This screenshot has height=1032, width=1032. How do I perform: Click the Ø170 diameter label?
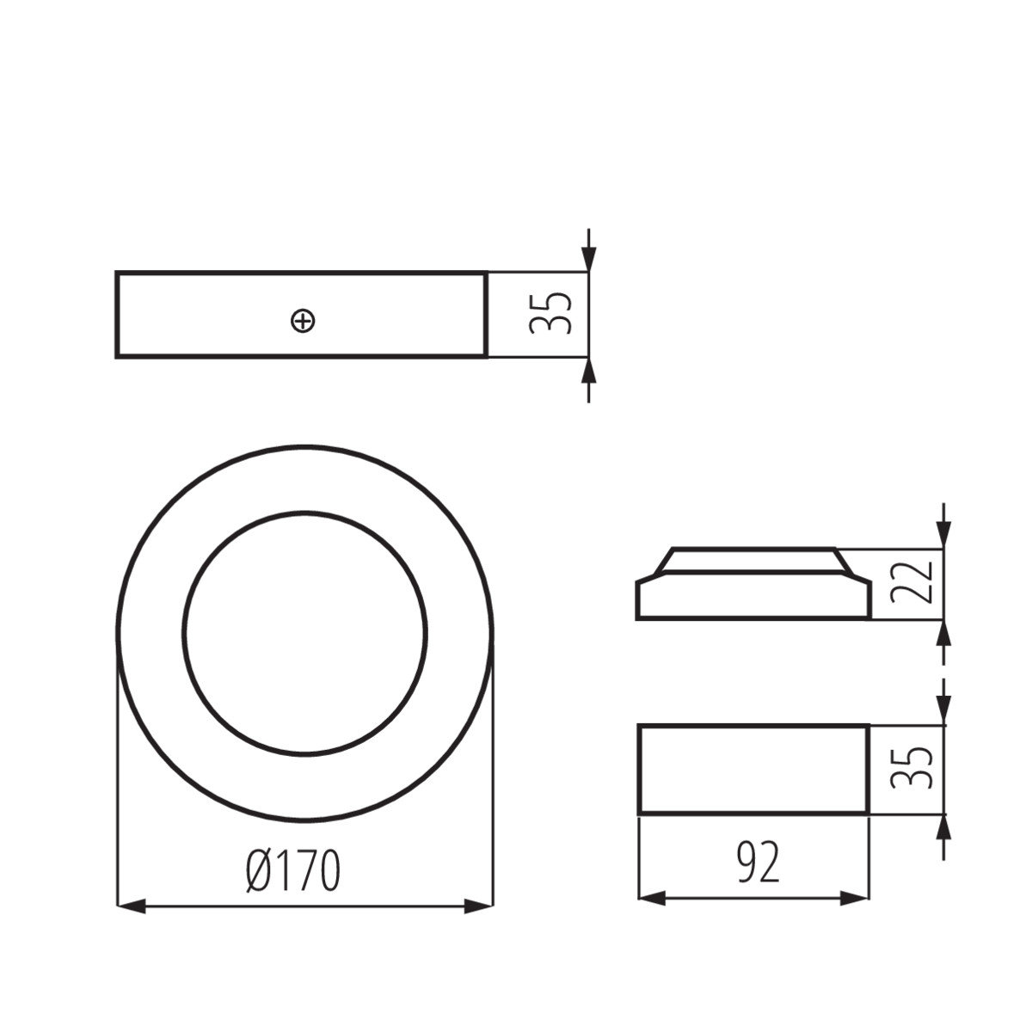(x=293, y=871)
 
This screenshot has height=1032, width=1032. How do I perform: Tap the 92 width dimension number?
(x=759, y=863)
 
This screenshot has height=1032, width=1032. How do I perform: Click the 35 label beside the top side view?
(x=550, y=313)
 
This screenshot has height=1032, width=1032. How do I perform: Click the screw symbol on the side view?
(x=303, y=322)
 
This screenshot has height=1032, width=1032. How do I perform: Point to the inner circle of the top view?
(x=305, y=634)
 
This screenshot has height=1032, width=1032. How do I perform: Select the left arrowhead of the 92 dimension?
(x=652, y=899)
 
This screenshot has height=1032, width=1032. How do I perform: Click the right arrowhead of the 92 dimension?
(x=855, y=899)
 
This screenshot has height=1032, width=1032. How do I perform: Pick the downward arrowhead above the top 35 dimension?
(x=588, y=259)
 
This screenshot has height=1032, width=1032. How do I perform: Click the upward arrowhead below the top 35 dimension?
(x=588, y=371)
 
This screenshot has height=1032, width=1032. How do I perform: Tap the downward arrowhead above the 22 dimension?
(x=944, y=536)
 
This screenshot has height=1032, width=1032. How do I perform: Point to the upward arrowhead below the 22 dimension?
(x=944, y=633)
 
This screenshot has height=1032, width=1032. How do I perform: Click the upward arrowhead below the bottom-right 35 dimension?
(x=944, y=827)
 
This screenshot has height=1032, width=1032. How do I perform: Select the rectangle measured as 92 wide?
(x=753, y=769)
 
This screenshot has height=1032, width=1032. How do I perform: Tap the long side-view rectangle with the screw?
(x=215, y=315)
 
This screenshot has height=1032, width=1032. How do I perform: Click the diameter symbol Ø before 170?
(x=259, y=871)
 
